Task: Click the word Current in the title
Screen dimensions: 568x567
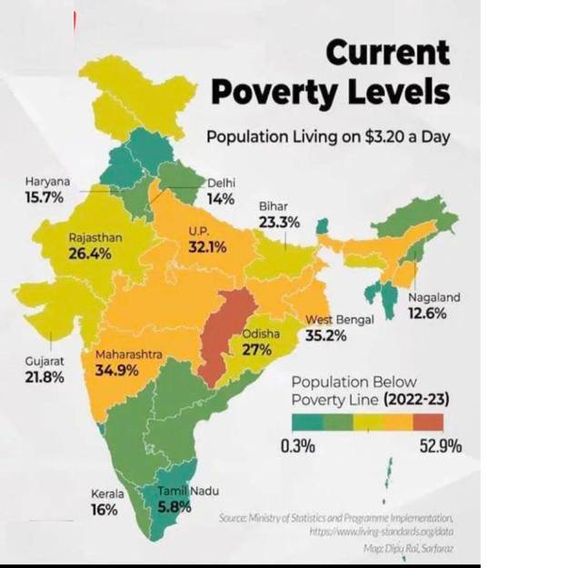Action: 388,53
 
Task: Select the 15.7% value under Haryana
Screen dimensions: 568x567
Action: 45,197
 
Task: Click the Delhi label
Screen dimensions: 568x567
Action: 222,183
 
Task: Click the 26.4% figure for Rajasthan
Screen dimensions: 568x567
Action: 90,254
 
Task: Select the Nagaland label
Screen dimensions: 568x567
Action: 434,297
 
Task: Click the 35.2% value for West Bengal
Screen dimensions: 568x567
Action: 326,335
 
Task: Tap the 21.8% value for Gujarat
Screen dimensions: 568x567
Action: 45,376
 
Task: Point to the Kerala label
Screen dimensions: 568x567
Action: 107,493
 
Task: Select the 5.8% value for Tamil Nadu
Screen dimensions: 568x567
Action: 174,507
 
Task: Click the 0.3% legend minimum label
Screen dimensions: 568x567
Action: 296,446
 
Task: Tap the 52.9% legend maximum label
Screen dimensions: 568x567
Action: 439,446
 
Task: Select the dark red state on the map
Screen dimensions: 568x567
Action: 225,332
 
